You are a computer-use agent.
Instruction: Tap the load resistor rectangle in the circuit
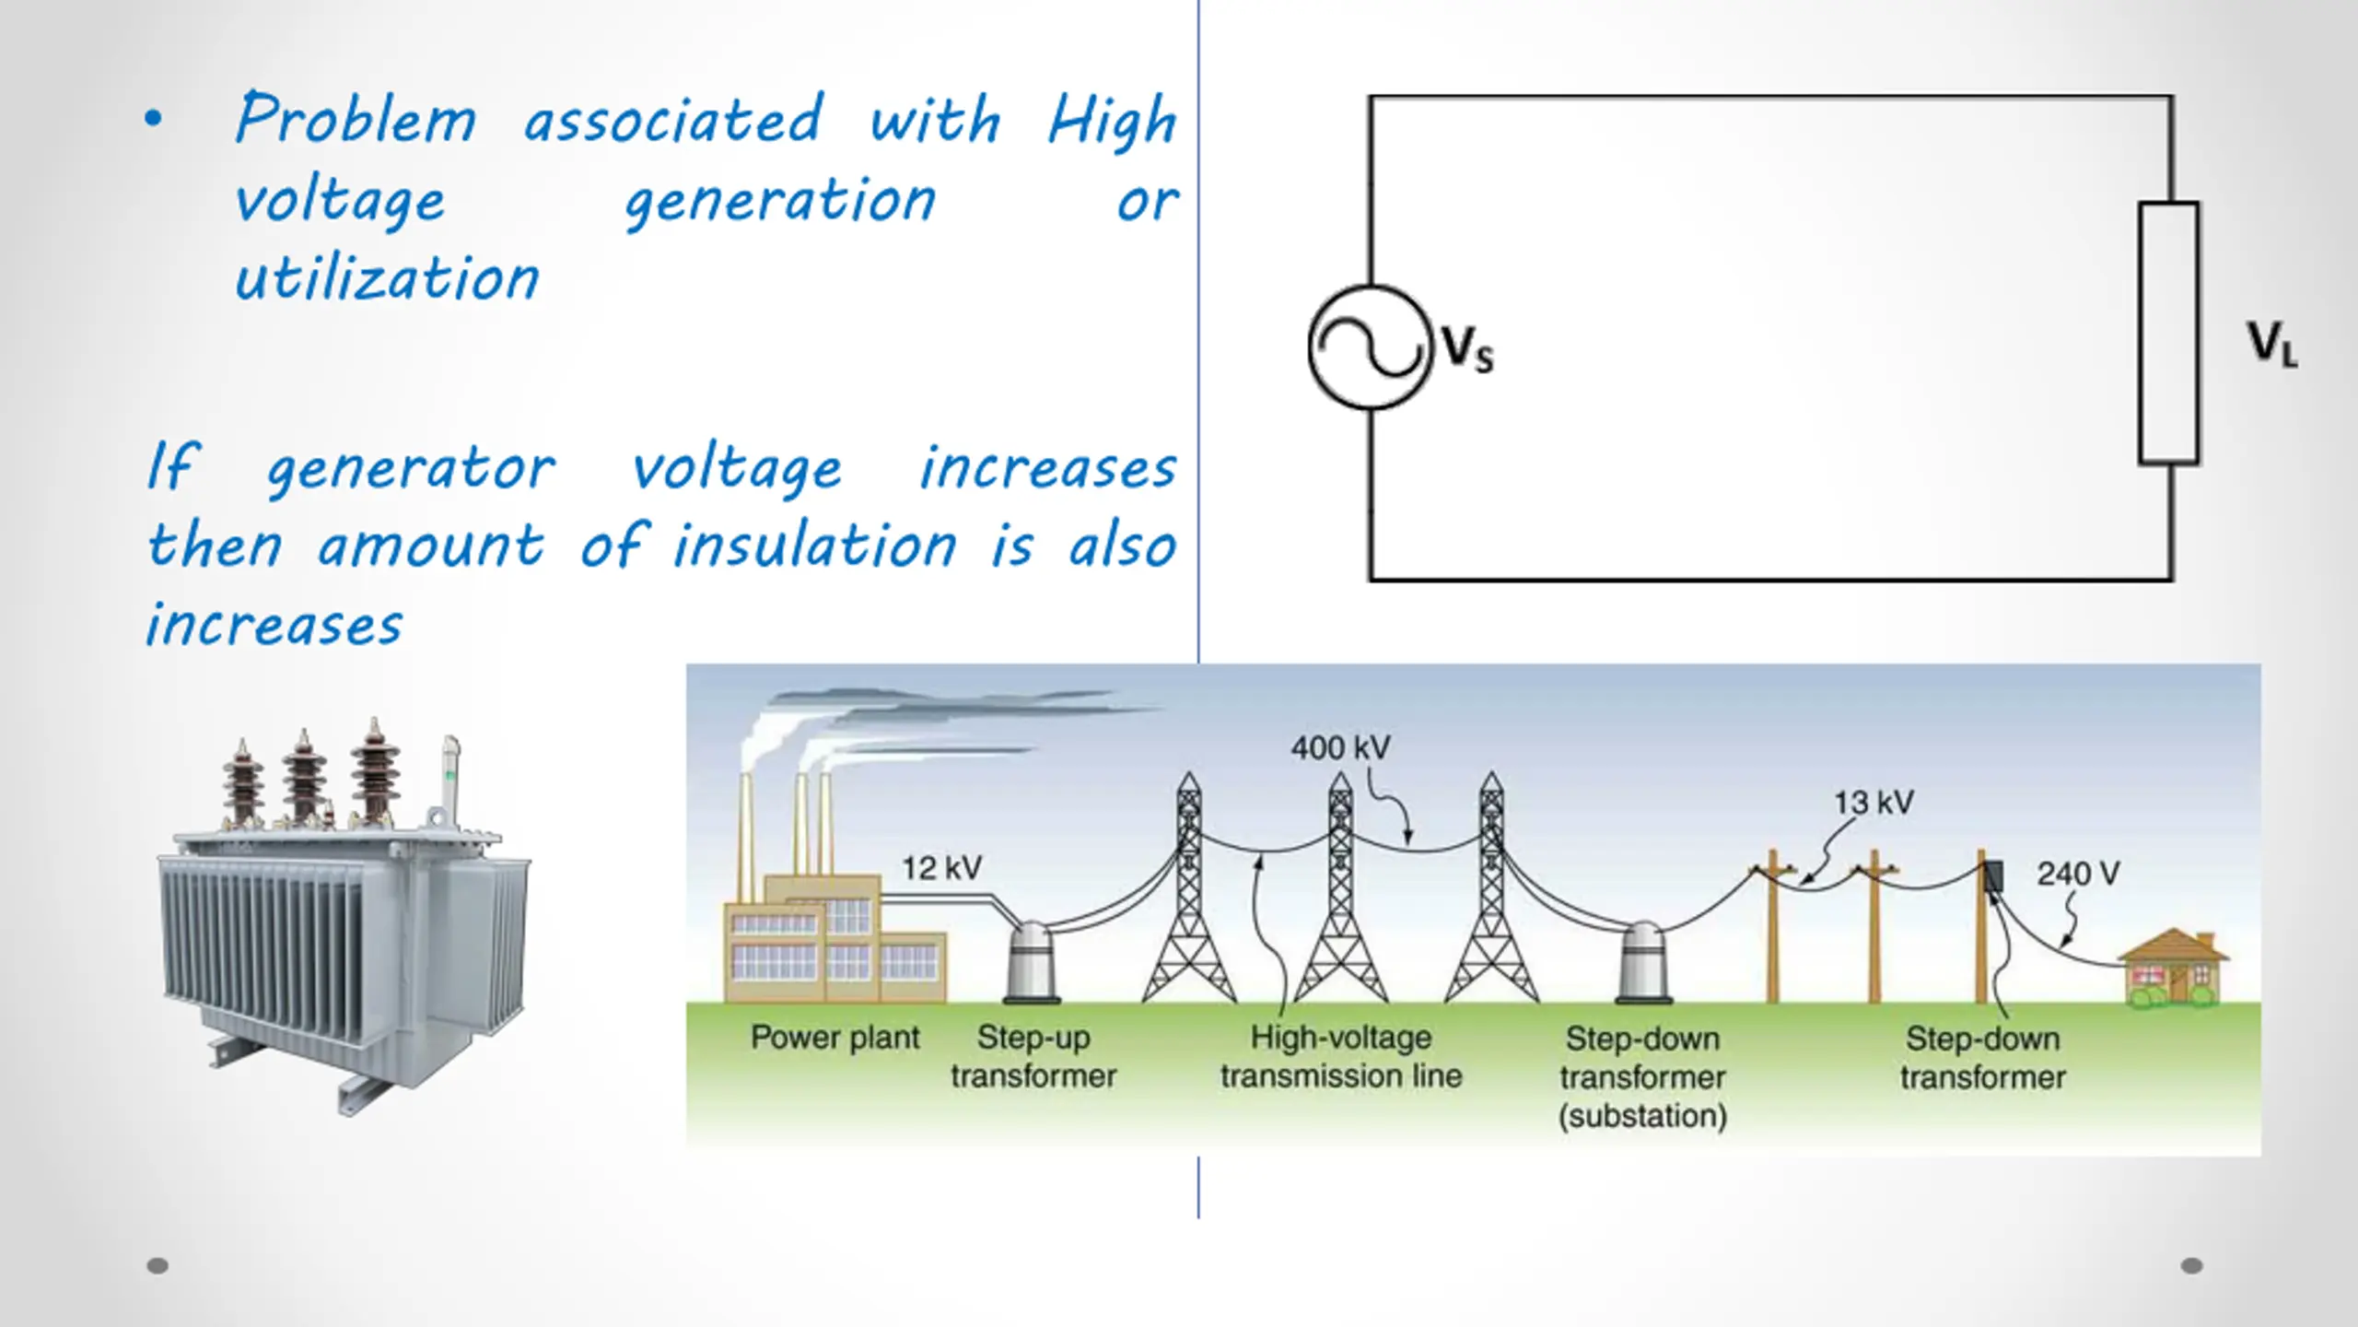pyautogui.click(x=2168, y=333)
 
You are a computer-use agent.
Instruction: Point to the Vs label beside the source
pyautogui.click(x=1467, y=349)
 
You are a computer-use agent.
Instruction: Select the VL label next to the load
pyautogui.click(x=2271, y=344)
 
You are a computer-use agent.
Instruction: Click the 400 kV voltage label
pyautogui.click(x=1340, y=747)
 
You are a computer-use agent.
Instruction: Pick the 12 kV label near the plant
pyautogui.click(x=941, y=868)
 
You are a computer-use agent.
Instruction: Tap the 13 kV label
pyautogui.click(x=1874, y=803)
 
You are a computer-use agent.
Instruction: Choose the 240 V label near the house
pyautogui.click(x=2078, y=874)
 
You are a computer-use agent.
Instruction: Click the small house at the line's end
pyautogui.click(x=2174, y=969)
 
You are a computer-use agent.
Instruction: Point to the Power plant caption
pyautogui.click(x=835, y=1038)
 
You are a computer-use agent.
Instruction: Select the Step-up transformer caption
pyautogui.click(x=1033, y=1057)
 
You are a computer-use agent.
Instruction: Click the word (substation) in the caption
pyautogui.click(x=1642, y=1116)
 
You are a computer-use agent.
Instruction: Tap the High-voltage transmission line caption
pyautogui.click(x=1341, y=1057)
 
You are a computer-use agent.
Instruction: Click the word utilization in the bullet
pyautogui.click(x=387, y=278)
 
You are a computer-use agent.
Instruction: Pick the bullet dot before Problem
pyautogui.click(x=153, y=118)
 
